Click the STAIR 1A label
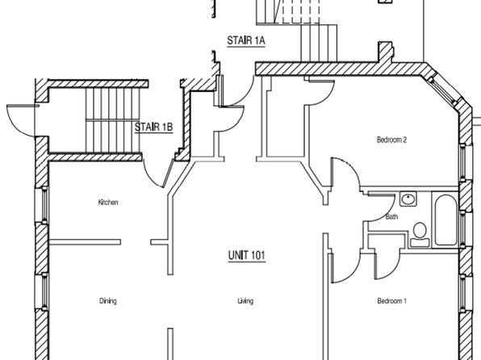pos(246,40)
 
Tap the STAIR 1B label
pos(154,127)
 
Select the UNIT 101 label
pos(247,255)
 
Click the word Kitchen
pos(108,203)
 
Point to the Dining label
pos(108,301)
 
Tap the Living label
pos(245,301)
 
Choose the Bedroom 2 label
pos(391,140)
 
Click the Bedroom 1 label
pos(391,301)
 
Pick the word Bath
pos(391,216)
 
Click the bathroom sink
pos(408,199)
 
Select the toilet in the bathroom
pos(420,234)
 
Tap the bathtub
pos(445,220)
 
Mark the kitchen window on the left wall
pos(44,204)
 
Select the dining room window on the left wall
pos(44,291)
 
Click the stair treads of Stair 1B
pos(112,120)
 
